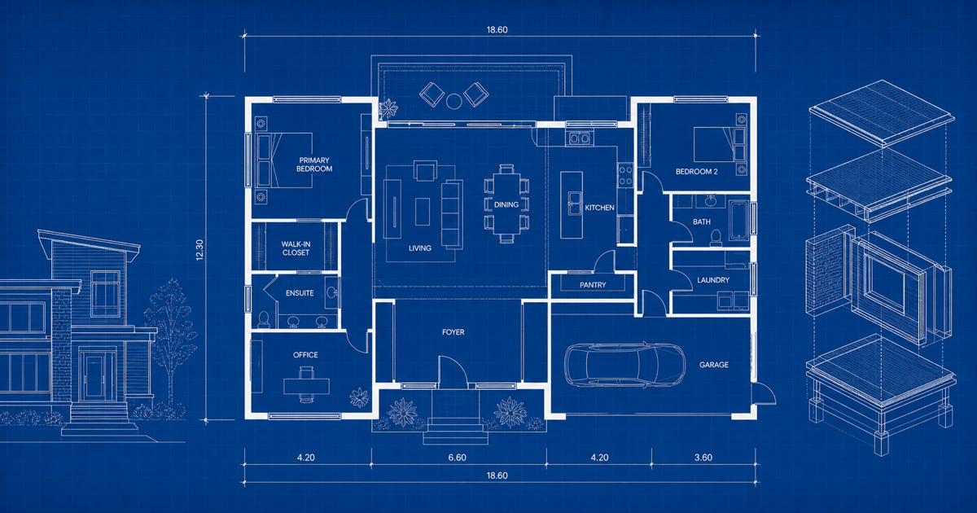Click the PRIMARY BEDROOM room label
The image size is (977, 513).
314,164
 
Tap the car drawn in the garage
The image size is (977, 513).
624,365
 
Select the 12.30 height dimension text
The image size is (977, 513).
199,250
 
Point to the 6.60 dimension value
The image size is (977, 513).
457,458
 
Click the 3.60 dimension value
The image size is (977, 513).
703,458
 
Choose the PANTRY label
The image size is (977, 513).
593,285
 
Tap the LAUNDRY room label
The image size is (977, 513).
713,280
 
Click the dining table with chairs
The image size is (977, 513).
506,204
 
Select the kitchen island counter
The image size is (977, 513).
572,204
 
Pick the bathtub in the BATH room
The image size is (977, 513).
739,221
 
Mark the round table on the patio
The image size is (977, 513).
454,102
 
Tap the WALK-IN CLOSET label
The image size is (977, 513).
296,248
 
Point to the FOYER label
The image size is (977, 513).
453,332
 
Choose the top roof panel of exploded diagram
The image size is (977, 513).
881,112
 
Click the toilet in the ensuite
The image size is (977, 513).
264,319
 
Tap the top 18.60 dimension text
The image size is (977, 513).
497,29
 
